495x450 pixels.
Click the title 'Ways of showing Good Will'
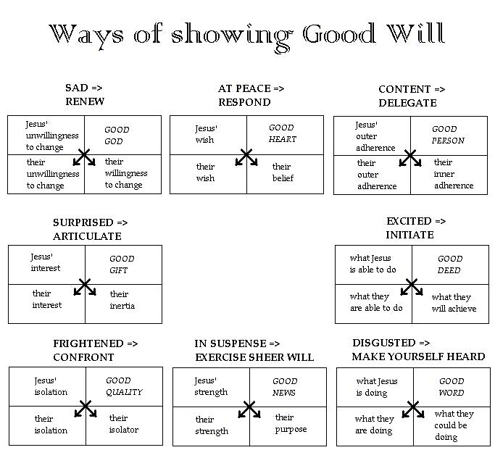(247, 36)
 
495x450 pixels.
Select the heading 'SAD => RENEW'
(85, 94)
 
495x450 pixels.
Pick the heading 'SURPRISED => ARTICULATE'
(91, 229)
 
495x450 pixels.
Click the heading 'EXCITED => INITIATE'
(416, 228)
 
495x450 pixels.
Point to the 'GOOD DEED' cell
(450, 264)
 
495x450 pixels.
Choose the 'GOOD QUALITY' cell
(124, 386)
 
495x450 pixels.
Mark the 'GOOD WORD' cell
(452, 387)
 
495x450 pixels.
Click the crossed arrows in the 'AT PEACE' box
(246, 157)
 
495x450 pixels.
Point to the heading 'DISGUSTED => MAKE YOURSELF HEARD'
(418, 350)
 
